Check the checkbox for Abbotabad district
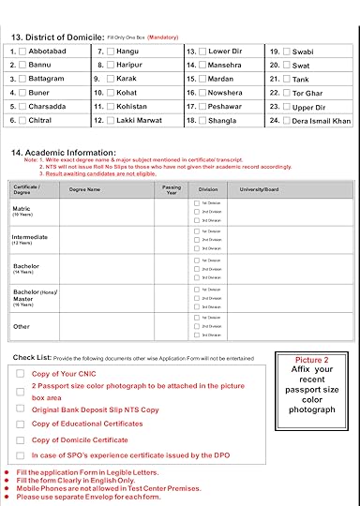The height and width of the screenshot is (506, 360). tap(22, 52)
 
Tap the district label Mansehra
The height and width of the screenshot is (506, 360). tap(225, 66)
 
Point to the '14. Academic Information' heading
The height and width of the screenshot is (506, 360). tap(63, 152)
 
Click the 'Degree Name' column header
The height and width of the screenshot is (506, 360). tap(85, 188)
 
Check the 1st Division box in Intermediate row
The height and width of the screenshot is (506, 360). tap(196, 231)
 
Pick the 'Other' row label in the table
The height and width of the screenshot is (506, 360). tap(21, 327)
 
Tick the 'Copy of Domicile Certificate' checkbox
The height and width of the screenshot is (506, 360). tap(22, 439)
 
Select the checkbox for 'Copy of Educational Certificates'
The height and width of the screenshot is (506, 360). tap(22, 424)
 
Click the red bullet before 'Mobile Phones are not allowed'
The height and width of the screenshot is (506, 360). tap(7, 489)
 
